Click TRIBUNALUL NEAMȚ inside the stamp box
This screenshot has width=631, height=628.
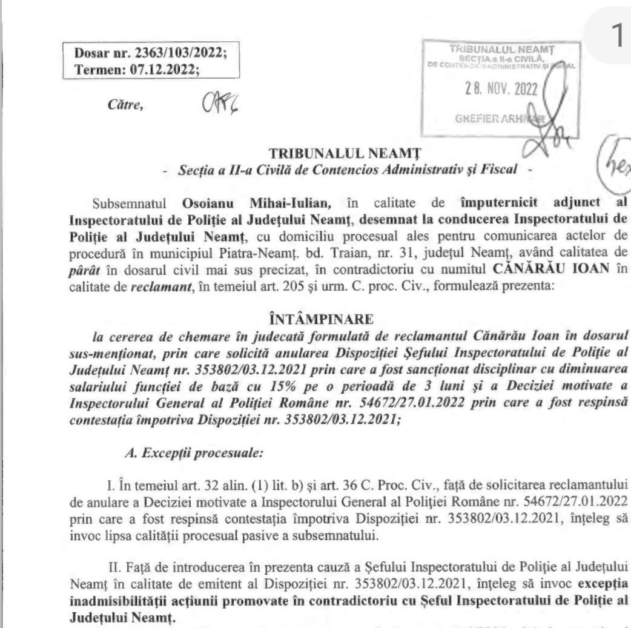pyautogui.click(x=500, y=48)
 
